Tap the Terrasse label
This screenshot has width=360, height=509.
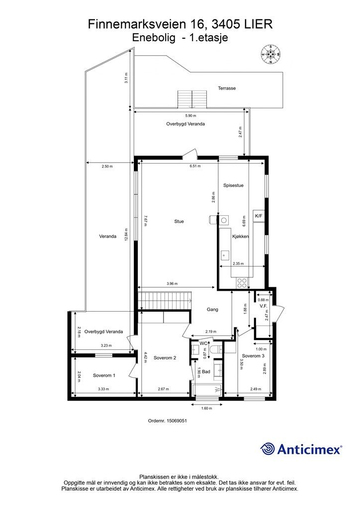226,88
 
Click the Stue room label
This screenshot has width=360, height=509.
179,221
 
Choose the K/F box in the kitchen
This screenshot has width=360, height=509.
259,216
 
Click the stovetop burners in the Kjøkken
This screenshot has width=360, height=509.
242,282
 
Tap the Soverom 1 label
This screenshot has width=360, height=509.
104,375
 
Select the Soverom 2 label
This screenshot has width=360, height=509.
165,357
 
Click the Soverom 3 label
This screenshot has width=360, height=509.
253,356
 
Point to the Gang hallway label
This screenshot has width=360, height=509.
212,309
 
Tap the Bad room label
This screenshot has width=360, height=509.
206,371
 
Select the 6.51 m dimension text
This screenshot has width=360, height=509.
195,166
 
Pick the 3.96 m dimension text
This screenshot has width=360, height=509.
172,284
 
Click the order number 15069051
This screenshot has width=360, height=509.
167,420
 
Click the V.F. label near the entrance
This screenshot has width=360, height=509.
264,306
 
